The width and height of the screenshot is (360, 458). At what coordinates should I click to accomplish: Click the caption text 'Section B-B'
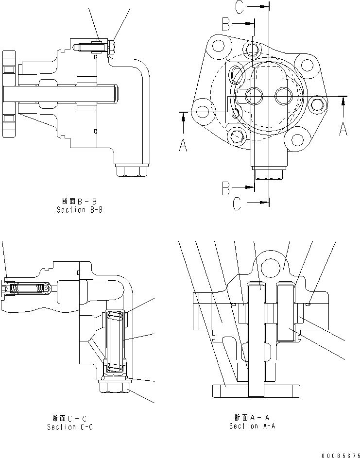click(79, 210)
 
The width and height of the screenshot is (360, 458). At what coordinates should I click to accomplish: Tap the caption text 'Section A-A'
click(252, 426)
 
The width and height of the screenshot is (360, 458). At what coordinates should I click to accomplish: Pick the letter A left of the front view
click(183, 144)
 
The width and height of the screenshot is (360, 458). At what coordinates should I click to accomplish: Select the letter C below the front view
click(237, 204)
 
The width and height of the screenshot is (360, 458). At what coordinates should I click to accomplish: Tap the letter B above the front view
click(226, 24)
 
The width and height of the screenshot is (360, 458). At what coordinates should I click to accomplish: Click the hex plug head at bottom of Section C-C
click(115, 387)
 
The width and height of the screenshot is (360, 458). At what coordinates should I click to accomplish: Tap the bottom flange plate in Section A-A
click(255, 390)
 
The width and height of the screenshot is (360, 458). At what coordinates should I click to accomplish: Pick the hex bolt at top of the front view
click(251, 49)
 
